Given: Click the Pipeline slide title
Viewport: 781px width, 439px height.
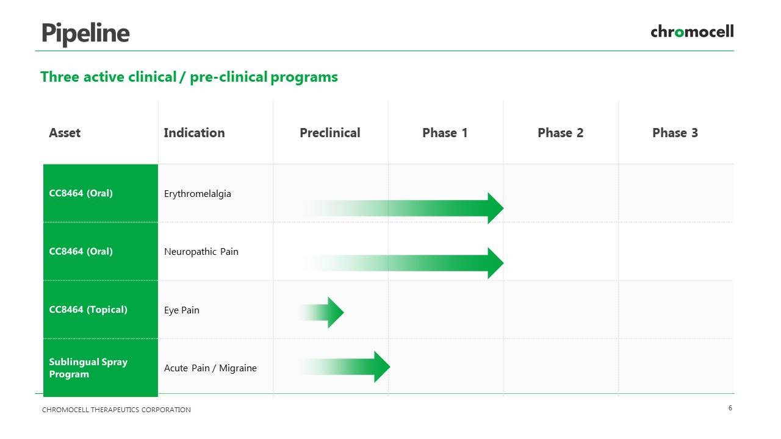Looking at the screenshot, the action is pyautogui.click(x=86, y=34).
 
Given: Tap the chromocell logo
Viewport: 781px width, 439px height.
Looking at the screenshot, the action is pyautogui.click(x=692, y=32).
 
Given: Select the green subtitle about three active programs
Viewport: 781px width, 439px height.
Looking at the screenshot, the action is pyautogui.click(x=189, y=77).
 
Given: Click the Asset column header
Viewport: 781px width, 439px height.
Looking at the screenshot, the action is pyautogui.click(x=65, y=133).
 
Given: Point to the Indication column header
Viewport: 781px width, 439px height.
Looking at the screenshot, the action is pyautogui.click(x=194, y=133).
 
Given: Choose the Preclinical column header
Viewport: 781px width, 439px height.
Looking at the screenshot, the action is pyautogui.click(x=330, y=133).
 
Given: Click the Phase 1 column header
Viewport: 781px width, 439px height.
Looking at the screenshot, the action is pyautogui.click(x=445, y=133).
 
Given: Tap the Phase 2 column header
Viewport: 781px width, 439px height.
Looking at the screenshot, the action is pyautogui.click(x=560, y=133).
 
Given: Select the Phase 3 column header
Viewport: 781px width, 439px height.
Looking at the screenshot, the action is pyautogui.click(x=675, y=133).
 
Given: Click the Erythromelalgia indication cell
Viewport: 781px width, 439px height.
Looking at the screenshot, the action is pyautogui.click(x=197, y=194).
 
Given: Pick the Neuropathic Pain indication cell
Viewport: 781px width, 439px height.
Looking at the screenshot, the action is pyautogui.click(x=201, y=252).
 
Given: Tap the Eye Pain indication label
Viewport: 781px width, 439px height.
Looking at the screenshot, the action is pyautogui.click(x=182, y=310).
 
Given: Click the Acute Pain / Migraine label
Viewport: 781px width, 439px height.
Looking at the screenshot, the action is pyautogui.click(x=211, y=368).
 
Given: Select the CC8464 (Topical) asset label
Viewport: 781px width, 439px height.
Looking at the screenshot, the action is pyautogui.click(x=88, y=310).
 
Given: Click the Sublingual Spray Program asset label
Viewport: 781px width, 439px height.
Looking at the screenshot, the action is pyautogui.click(x=88, y=368).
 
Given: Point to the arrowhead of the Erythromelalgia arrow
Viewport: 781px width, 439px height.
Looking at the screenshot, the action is pyautogui.click(x=495, y=208).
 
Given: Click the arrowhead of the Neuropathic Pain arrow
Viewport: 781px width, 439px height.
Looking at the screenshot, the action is pyautogui.click(x=495, y=263).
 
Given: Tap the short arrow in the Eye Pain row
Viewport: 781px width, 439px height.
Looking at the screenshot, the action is pyautogui.click(x=322, y=313).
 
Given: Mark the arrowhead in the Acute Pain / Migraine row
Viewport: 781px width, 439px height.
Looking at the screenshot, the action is pyautogui.click(x=382, y=366).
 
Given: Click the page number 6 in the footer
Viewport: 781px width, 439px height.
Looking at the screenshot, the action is pyautogui.click(x=730, y=408).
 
